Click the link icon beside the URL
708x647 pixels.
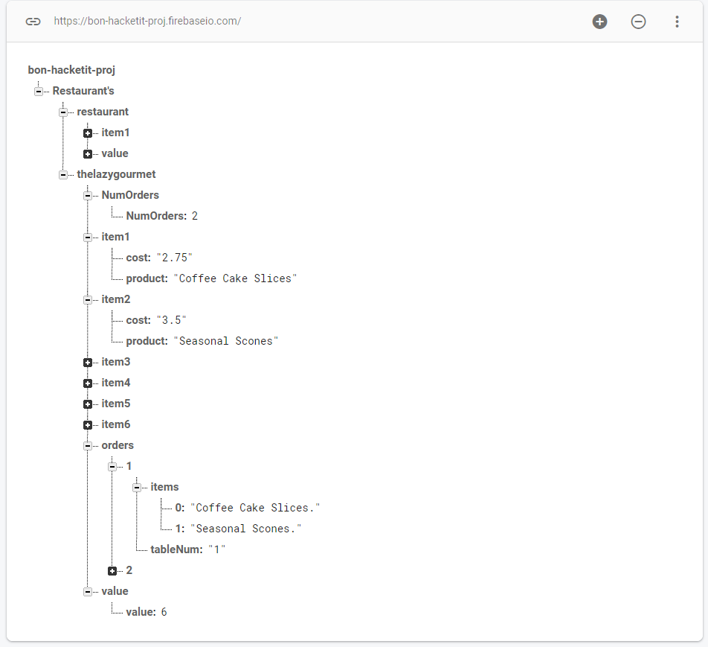pyautogui.click(x=33, y=22)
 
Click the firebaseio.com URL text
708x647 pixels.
pyautogui.click(x=147, y=22)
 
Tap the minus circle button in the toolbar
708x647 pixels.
pyautogui.click(x=638, y=22)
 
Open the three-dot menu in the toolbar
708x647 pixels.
pyautogui.click(x=677, y=22)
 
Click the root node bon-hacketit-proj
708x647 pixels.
pyautogui.click(x=71, y=70)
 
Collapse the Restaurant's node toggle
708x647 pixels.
pyautogui.click(x=39, y=92)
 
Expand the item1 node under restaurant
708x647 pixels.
pyautogui.click(x=88, y=133)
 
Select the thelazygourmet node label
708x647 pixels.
pyautogui.click(x=116, y=174)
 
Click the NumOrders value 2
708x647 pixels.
pyautogui.click(x=195, y=216)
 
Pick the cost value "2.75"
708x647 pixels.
pyautogui.click(x=174, y=258)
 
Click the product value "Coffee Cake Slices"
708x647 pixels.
pyautogui.click(x=235, y=278)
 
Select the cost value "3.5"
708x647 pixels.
pyautogui.click(x=171, y=320)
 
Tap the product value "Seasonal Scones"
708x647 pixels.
pyautogui.click(x=226, y=341)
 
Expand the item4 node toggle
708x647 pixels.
pyautogui.click(x=88, y=383)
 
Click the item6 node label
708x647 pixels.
pyautogui.click(x=115, y=424)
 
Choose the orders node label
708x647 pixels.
pyautogui.click(x=118, y=445)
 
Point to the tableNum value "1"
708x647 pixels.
pyautogui.click(x=216, y=549)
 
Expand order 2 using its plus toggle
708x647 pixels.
pyautogui.click(x=112, y=571)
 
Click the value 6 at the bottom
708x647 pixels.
pyautogui.click(x=164, y=612)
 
